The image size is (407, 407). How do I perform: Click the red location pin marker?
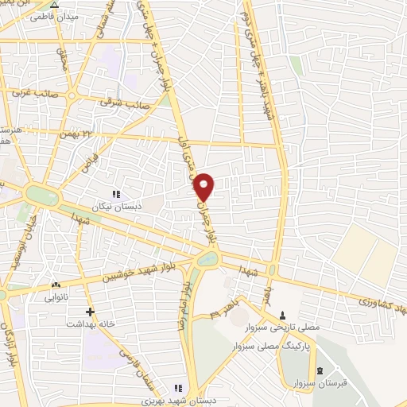(x=205, y=186)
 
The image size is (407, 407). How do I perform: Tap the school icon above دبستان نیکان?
(x=116, y=193)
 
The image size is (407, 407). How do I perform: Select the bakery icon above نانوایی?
(x=56, y=285)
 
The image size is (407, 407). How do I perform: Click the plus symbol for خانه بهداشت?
(x=91, y=312)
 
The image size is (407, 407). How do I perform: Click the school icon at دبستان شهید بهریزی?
(x=179, y=388)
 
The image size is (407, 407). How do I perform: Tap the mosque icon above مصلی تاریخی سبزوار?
(x=283, y=316)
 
